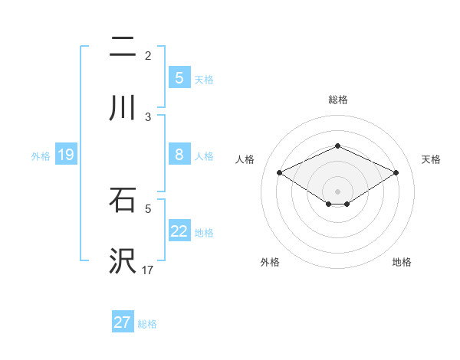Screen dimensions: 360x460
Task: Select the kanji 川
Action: [122, 108]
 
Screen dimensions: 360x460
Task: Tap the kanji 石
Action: [122, 200]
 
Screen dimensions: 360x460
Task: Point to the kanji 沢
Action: [122, 261]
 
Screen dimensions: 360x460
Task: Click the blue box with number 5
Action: [179, 78]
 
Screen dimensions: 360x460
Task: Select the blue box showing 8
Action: [179, 155]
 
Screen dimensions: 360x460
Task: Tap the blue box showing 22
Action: [179, 231]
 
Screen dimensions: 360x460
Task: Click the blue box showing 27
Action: [123, 322]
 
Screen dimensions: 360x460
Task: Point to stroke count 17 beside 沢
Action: [148, 270]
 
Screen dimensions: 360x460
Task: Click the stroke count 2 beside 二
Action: [148, 55]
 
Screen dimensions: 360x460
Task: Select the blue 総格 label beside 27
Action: [147, 324]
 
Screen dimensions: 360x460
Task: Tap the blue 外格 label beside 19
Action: [41, 156]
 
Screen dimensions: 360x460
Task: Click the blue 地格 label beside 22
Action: [204, 233]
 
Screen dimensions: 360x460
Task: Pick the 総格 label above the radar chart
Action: [337, 100]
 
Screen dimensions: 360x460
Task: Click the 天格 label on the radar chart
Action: [432, 159]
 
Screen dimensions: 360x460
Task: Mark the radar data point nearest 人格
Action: [280, 173]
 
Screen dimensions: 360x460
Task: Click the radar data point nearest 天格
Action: [396, 173]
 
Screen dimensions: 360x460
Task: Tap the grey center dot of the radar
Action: [337, 191]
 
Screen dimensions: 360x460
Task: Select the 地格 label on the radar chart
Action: [402, 262]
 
